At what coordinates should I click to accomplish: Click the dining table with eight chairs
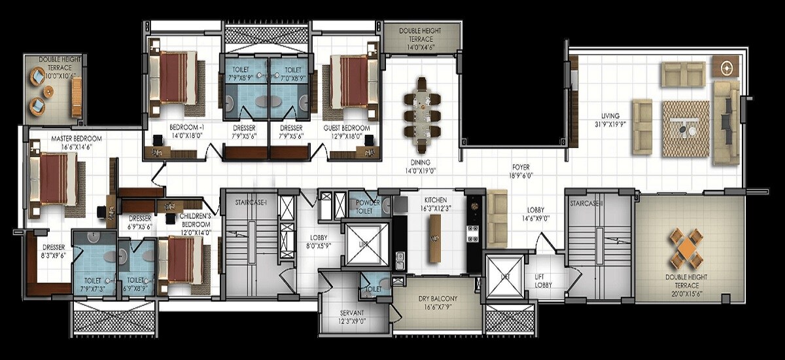coord(421,107)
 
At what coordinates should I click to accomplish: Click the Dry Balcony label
coord(437,299)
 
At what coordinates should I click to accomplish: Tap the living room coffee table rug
coord(685,129)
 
